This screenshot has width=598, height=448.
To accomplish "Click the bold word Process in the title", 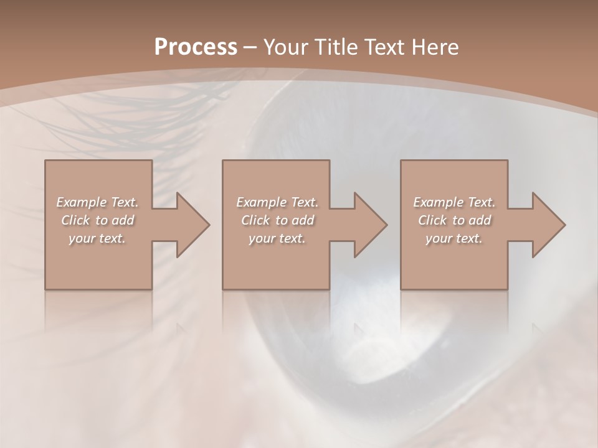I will pos(196,47).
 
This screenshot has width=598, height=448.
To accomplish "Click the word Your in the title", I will pos(287,47).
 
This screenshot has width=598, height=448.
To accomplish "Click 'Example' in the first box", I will pos(82,202).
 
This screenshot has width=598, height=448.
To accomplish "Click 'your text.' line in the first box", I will pos(97,238).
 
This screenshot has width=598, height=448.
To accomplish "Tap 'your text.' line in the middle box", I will pos(277,238).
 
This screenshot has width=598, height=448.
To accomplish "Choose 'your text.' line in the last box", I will pos(454,238).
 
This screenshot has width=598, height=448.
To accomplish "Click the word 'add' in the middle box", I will pos(303,220).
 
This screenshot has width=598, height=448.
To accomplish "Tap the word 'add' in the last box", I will pos(480,220).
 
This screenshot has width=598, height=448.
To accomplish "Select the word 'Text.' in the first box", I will pos(125,202).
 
